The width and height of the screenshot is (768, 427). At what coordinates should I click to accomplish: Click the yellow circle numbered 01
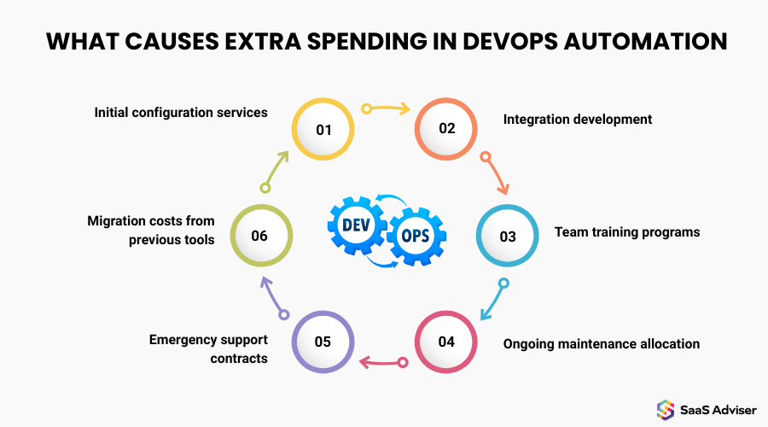click(x=323, y=130)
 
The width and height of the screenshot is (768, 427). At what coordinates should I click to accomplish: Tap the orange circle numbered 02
click(x=446, y=130)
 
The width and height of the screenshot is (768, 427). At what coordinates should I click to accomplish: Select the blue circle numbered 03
click(x=508, y=236)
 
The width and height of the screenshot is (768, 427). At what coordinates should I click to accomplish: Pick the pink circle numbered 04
click(x=446, y=342)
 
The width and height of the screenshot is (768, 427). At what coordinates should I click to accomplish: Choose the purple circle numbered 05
click(x=323, y=342)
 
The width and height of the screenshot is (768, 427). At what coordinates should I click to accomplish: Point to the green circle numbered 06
click(x=261, y=236)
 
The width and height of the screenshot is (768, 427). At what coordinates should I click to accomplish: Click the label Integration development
click(x=578, y=119)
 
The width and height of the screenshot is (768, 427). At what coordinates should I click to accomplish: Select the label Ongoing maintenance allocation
click(x=602, y=344)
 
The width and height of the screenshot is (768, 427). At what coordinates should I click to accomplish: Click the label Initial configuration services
click(x=181, y=112)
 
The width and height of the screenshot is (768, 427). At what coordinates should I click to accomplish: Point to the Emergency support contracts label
click(x=208, y=348)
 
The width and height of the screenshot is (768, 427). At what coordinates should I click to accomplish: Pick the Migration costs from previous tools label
click(x=151, y=231)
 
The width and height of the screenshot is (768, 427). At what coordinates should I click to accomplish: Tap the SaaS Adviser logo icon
click(x=666, y=410)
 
